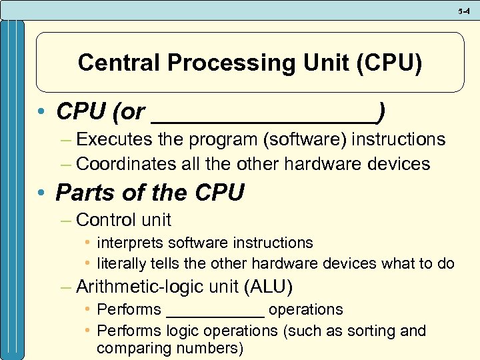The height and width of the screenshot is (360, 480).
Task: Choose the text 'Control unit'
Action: (124, 219)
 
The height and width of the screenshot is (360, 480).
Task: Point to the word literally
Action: (122, 263)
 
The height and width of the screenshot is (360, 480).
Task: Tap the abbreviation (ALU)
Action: (269, 287)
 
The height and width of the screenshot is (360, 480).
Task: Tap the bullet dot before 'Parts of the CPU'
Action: (41, 193)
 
